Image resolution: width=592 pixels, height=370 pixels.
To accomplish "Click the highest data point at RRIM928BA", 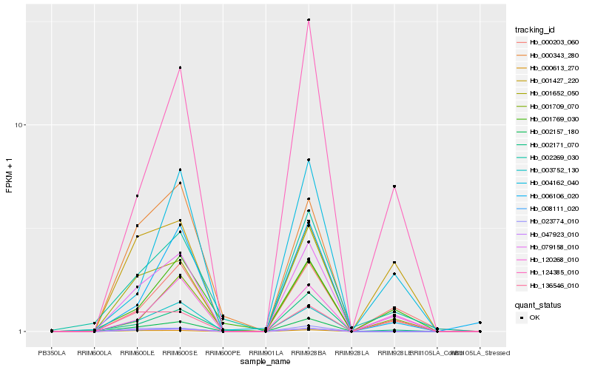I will point(309,20).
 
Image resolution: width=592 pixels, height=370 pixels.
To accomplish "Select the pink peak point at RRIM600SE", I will point(180,68).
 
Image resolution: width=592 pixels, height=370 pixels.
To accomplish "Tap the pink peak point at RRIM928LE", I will point(394,186).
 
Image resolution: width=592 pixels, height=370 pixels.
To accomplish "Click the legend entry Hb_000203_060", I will point(550,42).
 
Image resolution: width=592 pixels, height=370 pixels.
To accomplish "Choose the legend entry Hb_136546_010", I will point(550,285).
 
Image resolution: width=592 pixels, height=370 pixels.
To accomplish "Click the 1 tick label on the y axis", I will point(23,332).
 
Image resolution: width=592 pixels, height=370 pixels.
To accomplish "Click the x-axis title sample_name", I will point(266,361).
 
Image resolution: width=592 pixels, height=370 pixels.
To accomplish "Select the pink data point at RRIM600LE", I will point(137,196).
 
